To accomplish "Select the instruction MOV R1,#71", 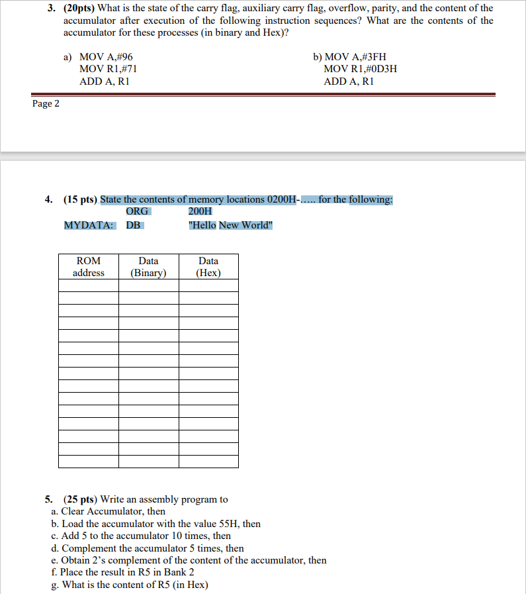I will tap(108, 70).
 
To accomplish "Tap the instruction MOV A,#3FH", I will tap(349, 58).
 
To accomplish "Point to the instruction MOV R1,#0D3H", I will tap(360, 70).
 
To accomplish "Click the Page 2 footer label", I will tap(46, 104).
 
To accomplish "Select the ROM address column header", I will tap(88, 267).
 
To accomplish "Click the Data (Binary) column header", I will tap(148, 267).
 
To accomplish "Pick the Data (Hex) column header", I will tap(208, 267).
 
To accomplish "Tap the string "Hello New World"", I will tap(230, 225).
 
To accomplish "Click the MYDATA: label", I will tap(89, 225).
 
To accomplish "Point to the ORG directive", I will tap(137, 211).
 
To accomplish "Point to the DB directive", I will tap(134, 225).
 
